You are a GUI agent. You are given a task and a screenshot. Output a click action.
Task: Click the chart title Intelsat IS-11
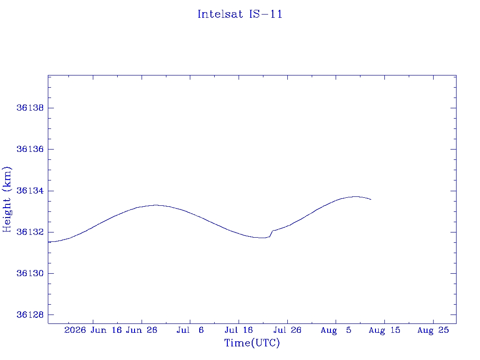click(x=240, y=14)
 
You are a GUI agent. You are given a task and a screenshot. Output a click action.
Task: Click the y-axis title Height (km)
click(x=7, y=200)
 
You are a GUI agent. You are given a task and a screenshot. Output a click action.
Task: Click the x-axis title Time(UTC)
click(x=252, y=343)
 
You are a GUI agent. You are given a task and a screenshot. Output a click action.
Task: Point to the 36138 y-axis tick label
click(x=30, y=108)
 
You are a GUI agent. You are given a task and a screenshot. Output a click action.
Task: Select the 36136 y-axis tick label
click(x=30, y=149)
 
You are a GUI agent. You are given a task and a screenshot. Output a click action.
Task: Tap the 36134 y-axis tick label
click(x=30, y=191)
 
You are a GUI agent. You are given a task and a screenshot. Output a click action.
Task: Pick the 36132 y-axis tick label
click(x=30, y=232)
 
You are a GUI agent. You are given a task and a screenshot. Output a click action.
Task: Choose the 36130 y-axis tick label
click(x=30, y=273)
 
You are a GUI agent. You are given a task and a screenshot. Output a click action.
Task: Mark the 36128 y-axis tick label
click(x=30, y=315)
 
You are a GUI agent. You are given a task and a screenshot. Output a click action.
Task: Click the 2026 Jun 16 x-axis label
click(x=93, y=330)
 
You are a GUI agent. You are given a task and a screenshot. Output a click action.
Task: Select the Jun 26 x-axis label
click(x=142, y=330)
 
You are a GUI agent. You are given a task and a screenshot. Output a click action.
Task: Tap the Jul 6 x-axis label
click(x=190, y=330)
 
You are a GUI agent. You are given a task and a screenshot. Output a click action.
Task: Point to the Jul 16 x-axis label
click(x=239, y=330)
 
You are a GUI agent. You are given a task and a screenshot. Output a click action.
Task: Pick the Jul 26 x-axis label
click(x=287, y=330)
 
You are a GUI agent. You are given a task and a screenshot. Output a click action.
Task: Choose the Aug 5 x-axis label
click(x=336, y=330)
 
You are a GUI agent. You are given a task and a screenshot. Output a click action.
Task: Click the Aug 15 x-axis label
click(x=384, y=330)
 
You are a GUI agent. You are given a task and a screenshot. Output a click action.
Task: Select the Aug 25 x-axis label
click(x=433, y=330)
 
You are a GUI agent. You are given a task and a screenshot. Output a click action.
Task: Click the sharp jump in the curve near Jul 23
click(x=271, y=233)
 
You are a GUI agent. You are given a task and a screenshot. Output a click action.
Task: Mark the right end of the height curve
click(x=371, y=200)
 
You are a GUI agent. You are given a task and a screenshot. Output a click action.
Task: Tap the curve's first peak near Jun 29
click(x=156, y=205)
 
